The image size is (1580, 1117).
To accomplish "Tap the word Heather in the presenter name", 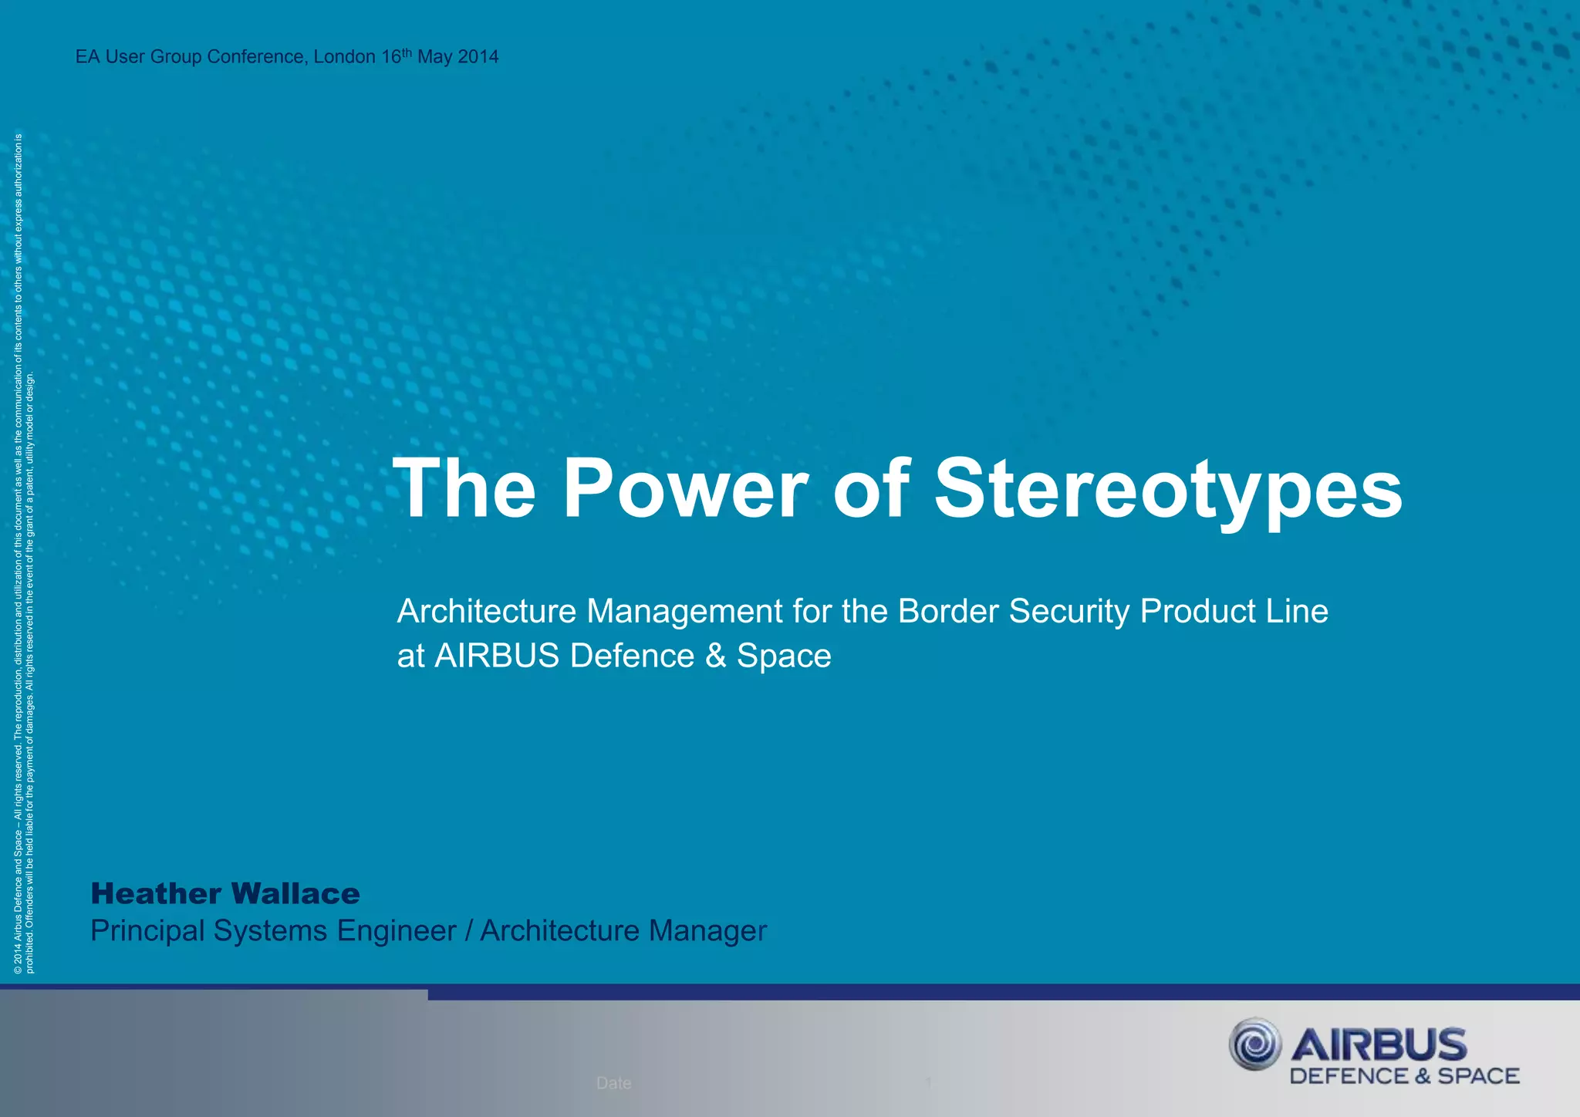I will (x=157, y=893).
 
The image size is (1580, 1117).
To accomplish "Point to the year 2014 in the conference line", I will (x=478, y=57).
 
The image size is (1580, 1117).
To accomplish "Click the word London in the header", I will (x=345, y=57).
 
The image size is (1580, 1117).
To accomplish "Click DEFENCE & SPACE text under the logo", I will (x=1404, y=1076).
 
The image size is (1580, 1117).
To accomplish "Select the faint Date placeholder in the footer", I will (x=613, y=1083).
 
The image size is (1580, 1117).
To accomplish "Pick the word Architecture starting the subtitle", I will (x=486, y=611).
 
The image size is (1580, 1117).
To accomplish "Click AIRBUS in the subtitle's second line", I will (x=497, y=656).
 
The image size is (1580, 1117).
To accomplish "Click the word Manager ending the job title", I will (x=707, y=931).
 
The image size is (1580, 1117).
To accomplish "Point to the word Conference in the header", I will (x=257, y=57).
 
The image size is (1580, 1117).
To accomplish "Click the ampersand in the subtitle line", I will (x=715, y=656).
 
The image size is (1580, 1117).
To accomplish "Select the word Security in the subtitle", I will (x=1069, y=611).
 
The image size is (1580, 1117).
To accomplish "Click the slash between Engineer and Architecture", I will (x=468, y=931).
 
